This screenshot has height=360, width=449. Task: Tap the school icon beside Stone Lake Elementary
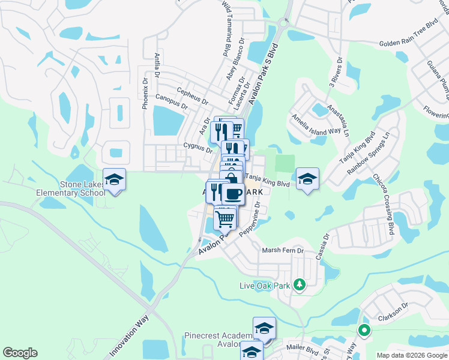(x=114, y=179)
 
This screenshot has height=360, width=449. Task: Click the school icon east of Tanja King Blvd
(x=307, y=178)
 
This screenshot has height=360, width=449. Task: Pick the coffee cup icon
(x=233, y=193)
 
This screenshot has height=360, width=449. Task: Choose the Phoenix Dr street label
(x=145, y=94)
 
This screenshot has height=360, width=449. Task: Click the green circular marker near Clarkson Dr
(x=363, y=329)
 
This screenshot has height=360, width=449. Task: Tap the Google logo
(x=20, y=353)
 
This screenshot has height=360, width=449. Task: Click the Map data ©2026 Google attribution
(x=412, y=355)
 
